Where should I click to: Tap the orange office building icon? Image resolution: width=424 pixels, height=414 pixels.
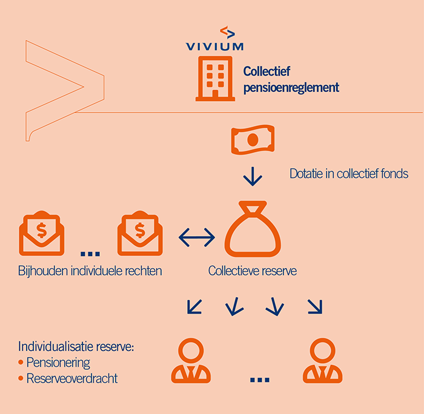214,78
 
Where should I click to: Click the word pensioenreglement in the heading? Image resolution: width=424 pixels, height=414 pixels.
291,88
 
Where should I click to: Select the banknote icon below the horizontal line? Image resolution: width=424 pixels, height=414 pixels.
253,140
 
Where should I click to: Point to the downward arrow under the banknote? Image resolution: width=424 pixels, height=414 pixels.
253,177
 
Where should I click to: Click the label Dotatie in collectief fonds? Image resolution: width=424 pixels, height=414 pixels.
349,174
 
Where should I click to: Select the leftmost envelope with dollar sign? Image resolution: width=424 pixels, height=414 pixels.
42,233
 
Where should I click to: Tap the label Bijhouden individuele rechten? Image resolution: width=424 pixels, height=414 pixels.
90,271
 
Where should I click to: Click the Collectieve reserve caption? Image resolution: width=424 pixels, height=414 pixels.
253,271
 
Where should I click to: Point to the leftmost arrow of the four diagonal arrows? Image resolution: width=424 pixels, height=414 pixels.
195,307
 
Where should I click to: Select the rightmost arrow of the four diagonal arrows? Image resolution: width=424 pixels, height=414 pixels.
314,307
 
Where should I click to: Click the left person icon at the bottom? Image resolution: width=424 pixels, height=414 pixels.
191,361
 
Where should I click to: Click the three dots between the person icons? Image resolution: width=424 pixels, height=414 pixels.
259,379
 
